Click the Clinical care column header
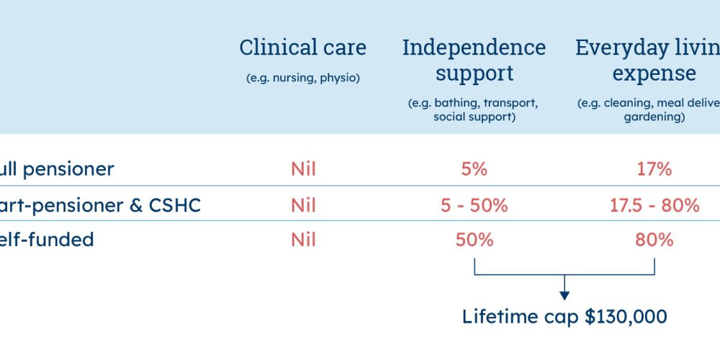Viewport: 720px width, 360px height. point(302,48)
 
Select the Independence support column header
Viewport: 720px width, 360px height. point(474,60)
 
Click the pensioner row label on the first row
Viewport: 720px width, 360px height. point(57,169)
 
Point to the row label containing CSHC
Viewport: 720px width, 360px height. point(100,205)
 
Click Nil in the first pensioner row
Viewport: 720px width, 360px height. point(303,169)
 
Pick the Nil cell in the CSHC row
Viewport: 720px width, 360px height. point(303,205)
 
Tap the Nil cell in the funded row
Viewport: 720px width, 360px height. point(303,239)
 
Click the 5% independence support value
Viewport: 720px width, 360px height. point(474,169)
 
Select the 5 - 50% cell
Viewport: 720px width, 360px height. point(474,205)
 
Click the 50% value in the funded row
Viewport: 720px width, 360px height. point(474,239)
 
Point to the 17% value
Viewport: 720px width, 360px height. point(654,169)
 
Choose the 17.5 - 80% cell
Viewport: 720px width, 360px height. point(654,205)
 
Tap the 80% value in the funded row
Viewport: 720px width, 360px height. point(654,239)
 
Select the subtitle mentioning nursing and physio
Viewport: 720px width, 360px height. point(302,78)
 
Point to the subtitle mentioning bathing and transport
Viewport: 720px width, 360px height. point(474,109)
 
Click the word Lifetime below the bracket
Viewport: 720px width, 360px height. point(498,316)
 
